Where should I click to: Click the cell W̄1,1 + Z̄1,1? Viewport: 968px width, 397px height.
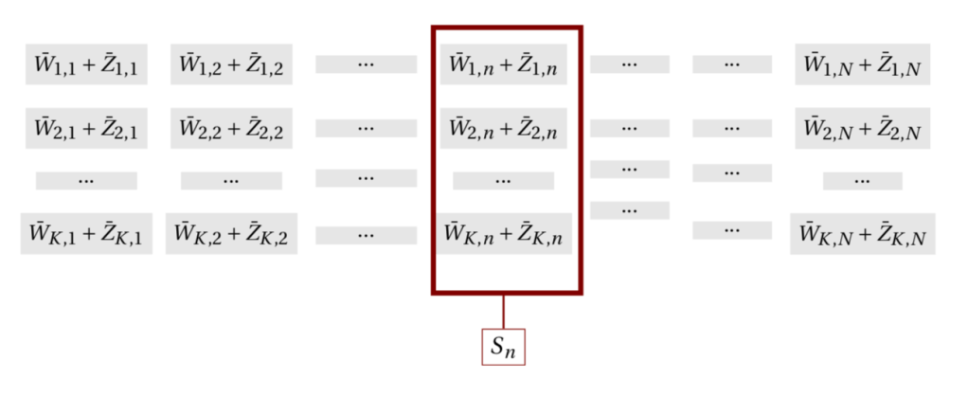click(86, 64)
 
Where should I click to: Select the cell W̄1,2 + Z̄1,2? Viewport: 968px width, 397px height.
click(231, 64)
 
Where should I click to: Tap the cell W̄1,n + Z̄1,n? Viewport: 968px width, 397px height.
click(503, 64)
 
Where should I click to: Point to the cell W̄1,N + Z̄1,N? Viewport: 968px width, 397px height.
click(862, 64)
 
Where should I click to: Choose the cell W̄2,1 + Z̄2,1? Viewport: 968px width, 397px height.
click(86, 128)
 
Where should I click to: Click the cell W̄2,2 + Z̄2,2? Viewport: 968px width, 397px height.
click(231, 128)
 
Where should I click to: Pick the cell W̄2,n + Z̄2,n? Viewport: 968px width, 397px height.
click(503, 128)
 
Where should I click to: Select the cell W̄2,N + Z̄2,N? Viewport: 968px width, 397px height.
click(862, 128)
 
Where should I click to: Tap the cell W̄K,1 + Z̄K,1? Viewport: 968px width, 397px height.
click(86, 233)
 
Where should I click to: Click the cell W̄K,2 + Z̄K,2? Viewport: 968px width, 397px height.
click(231, 233)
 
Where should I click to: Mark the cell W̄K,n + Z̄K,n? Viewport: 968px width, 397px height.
click(503, 233)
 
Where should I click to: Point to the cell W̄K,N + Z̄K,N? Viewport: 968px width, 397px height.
click(862, 233)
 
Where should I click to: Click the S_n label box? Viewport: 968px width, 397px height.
click(503, 347)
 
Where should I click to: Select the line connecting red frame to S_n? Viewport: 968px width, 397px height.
click(503, 311)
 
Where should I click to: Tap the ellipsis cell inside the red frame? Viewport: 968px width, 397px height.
click(503, 180)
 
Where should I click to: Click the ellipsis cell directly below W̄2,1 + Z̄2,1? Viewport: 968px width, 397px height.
click(86, 180)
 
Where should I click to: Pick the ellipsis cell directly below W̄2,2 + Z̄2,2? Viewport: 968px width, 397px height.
click(231, 180)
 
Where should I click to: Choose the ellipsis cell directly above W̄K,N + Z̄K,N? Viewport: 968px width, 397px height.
click(862, 180)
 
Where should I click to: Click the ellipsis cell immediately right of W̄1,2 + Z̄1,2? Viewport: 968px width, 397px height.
click(366, 64)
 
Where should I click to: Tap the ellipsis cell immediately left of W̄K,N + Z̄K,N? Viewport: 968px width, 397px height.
click(731, 229)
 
